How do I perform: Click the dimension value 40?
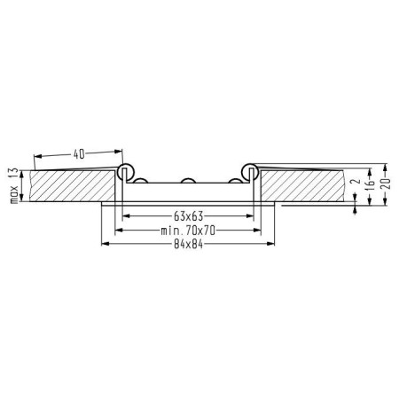tap(79, 154)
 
